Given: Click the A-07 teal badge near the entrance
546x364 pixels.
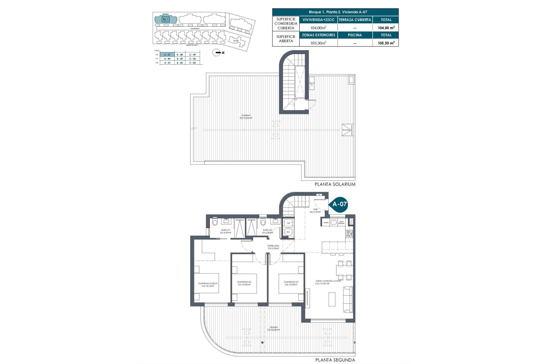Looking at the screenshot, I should click(339, 204).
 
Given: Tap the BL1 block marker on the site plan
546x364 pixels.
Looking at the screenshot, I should click(166, 19).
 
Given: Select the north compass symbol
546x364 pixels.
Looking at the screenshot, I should click(217, 53).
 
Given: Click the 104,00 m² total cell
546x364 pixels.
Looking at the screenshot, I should click(386, 28).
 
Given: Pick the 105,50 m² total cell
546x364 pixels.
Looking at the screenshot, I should click(386, 43).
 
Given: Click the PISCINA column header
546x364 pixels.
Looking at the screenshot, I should click(355, 35).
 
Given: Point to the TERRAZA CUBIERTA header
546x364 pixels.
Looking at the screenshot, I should click(355, 20).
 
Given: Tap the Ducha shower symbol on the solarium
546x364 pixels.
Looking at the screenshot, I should click(348, 130).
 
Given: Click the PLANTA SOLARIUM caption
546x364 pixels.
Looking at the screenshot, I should click(335, 184).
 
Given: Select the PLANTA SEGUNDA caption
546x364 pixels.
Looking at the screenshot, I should click(335, 360).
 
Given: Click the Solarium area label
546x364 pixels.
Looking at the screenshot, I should click(246, 117).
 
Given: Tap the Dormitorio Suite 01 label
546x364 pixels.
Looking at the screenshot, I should click(208, 285).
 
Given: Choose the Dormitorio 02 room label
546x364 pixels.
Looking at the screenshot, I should click(244, 283).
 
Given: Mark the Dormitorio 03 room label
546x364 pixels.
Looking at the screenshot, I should click(291, 283).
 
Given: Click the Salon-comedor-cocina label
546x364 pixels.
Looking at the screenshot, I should click(328, 282).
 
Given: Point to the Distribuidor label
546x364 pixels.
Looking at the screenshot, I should click(273, 247).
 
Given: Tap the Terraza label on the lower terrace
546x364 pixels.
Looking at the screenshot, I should click(274, 328).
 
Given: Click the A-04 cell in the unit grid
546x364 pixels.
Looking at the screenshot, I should click(167, 59).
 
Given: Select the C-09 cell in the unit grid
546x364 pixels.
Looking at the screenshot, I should click(193, 55).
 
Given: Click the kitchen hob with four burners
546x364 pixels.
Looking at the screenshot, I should click(349, 234).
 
